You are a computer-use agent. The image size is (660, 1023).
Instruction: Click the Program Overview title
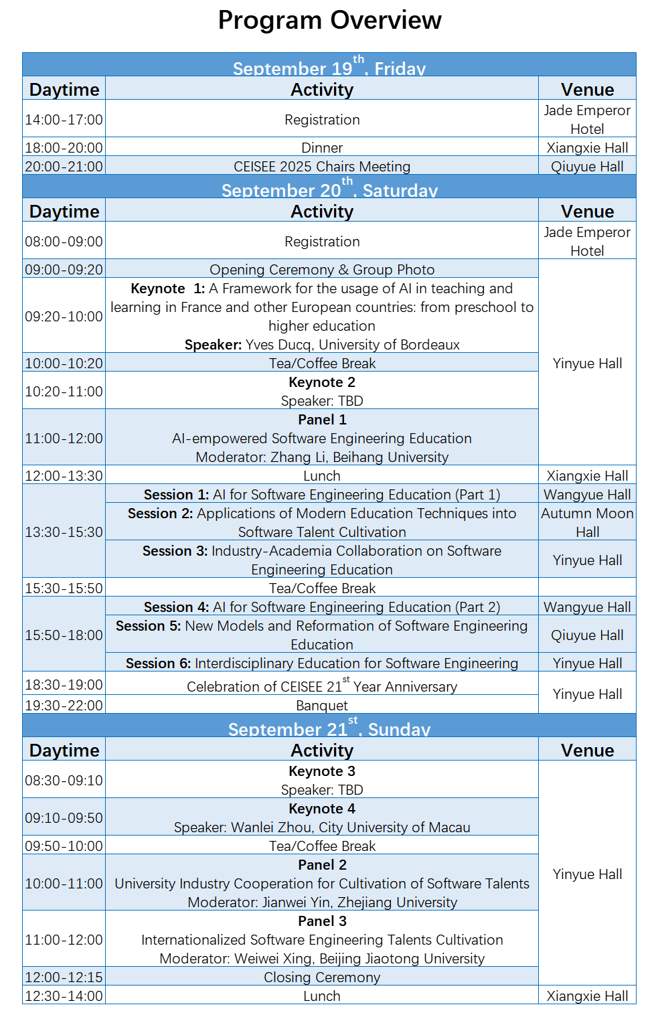(x=329, y=21)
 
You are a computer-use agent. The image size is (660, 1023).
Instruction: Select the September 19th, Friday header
(x=329, y=67)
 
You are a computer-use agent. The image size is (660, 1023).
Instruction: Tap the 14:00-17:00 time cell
(x=64, y=120)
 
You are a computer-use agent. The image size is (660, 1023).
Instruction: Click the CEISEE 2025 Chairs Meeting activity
(x=322, y=167)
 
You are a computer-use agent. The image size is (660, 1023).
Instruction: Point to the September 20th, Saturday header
(x=329, y=189)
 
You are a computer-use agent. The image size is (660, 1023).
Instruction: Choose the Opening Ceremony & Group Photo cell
(x=322, y=270)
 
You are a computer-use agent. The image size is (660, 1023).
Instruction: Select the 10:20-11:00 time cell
(x=64, y=392)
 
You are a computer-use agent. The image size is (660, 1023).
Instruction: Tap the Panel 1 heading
(x=322, y=420)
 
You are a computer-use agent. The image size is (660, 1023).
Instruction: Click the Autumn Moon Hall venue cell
(x=587, y=523)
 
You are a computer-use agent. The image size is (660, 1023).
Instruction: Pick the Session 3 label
(x=175, y=551)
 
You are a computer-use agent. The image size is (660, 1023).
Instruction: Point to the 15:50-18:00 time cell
(x=64, y=635)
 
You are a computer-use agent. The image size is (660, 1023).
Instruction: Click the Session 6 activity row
(x=322, y=663)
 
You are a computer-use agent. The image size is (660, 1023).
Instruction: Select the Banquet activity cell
(x=322, y=706)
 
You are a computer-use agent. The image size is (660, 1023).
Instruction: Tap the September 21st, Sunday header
(x=329, y=728)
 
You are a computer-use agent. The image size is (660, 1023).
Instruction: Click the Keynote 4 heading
(x=322, y=809)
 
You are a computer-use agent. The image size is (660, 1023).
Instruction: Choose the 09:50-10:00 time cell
(x=64, y=846)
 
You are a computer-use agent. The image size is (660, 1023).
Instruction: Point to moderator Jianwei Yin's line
(x=322, y=902)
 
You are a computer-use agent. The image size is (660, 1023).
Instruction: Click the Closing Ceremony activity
(x=322, y=977)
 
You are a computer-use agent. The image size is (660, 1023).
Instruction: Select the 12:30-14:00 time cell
(x=64, y=996)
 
